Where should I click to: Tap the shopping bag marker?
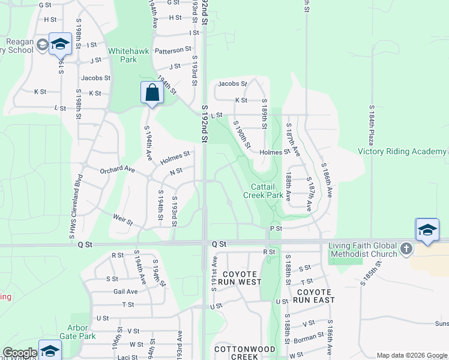point(152,93)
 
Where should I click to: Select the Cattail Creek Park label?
point(263,191)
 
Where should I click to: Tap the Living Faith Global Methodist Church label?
point(363,250)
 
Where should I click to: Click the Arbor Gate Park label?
point(82,332)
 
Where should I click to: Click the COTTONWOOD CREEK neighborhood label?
point(245,353)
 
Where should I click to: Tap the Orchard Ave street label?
point(117,170)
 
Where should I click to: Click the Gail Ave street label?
point(125,292)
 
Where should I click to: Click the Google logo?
point(20,353)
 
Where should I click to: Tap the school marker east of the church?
point(427,230)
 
